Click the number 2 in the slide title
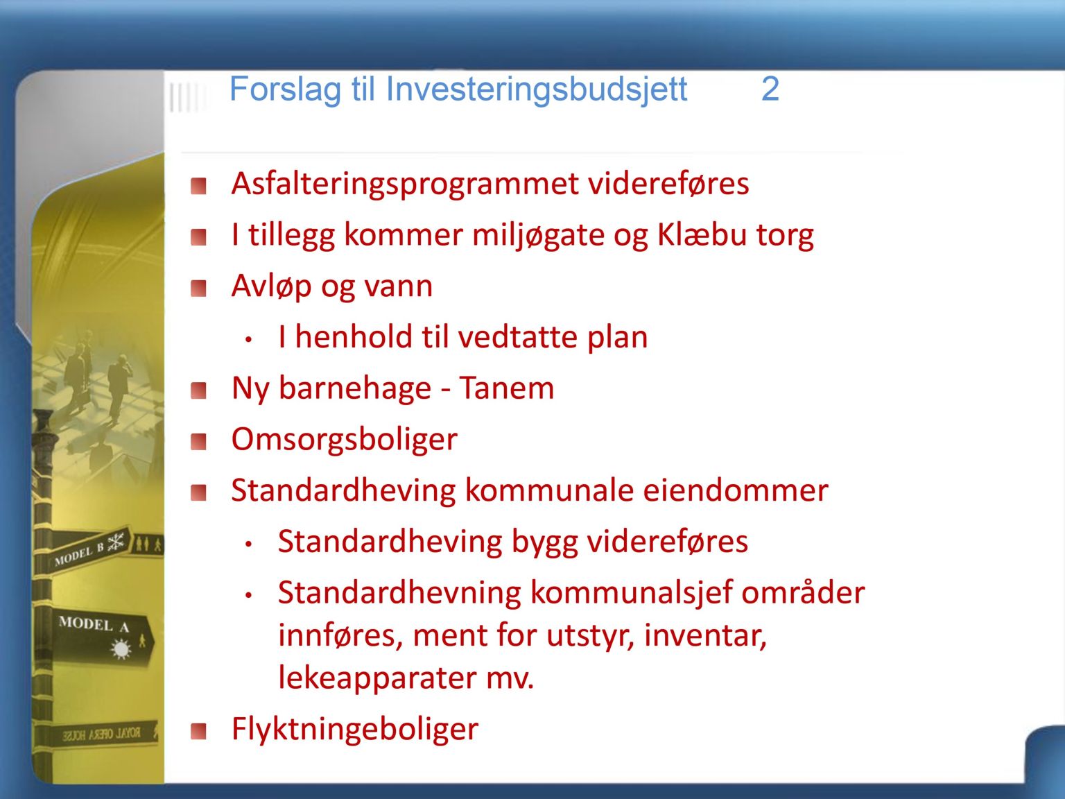coord(770,89)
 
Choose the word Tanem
coord(507,388)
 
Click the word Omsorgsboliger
coord(345,440)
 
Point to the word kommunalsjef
coord(631,593)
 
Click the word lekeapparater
coord(377,679)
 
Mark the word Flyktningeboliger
coord(355,729)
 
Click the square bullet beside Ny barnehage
coord(198,390)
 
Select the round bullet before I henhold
coord(249,340)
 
